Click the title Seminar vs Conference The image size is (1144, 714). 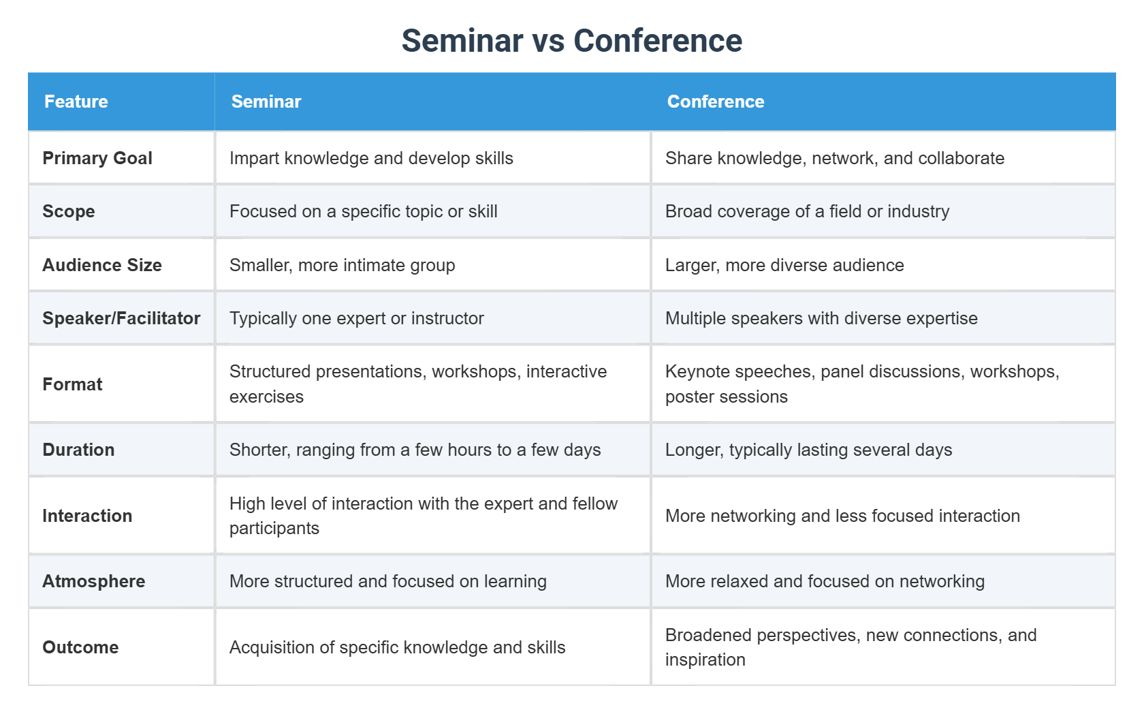point(571,41)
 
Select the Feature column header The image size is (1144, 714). point(76,102)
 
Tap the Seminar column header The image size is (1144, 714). point(266,102)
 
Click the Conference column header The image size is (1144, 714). point(716,102)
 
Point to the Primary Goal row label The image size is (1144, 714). point(97,158)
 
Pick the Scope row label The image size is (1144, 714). point(69,211)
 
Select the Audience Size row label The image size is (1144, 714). point(102,265)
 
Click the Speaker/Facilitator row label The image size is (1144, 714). point(121,318)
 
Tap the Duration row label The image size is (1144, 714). point(78,450)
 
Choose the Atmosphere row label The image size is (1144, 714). point(94,581)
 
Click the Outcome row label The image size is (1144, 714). point(80,647)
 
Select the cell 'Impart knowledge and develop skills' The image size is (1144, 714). point(371,158)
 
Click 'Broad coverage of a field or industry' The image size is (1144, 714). point(807,211)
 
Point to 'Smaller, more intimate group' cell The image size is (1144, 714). point(342,265)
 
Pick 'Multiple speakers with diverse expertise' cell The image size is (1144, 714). point(821,318)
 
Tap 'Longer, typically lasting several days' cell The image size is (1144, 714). point(808,450)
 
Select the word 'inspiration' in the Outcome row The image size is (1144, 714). point(705,659)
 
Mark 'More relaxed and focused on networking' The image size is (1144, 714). point(825,581)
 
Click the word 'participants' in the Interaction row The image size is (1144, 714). point(274,528)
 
